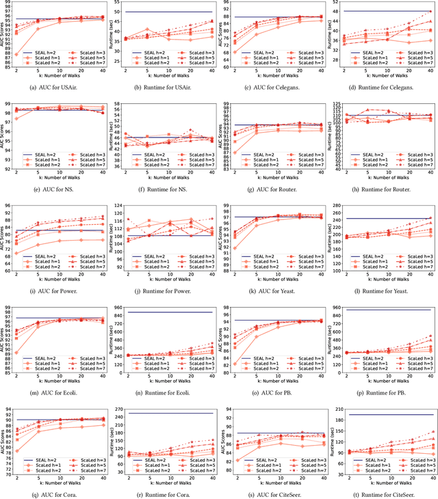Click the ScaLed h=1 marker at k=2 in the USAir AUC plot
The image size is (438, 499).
(16, 54)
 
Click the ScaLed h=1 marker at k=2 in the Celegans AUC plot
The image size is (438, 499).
(235, 52)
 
